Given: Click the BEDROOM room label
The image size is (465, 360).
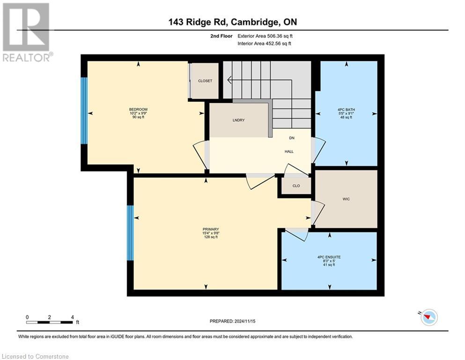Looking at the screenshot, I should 138,110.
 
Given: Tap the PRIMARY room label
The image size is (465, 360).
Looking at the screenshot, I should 210,229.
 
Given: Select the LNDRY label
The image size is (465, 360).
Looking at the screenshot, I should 238,120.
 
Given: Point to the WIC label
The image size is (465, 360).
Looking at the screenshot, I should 346,199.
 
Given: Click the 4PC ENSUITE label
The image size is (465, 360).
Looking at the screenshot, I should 329,257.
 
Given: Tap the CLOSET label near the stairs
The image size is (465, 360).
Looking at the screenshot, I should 205,81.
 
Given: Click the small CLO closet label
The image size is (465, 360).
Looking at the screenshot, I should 296,186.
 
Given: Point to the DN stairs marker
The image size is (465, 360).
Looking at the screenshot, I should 291,138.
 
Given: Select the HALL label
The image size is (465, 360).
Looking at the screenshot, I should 289,151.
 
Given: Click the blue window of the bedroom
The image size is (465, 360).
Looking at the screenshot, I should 84,110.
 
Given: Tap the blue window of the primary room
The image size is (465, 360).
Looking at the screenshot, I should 130,232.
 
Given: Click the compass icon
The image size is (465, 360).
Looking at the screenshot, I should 428,317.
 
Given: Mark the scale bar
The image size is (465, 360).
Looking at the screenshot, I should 50,322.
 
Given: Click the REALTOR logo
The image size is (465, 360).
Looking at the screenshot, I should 26,32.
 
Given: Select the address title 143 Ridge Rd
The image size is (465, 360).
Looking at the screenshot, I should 232,22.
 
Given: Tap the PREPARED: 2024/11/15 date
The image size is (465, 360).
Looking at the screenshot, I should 233,321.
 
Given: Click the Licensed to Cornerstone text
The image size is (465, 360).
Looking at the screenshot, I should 36,357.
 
